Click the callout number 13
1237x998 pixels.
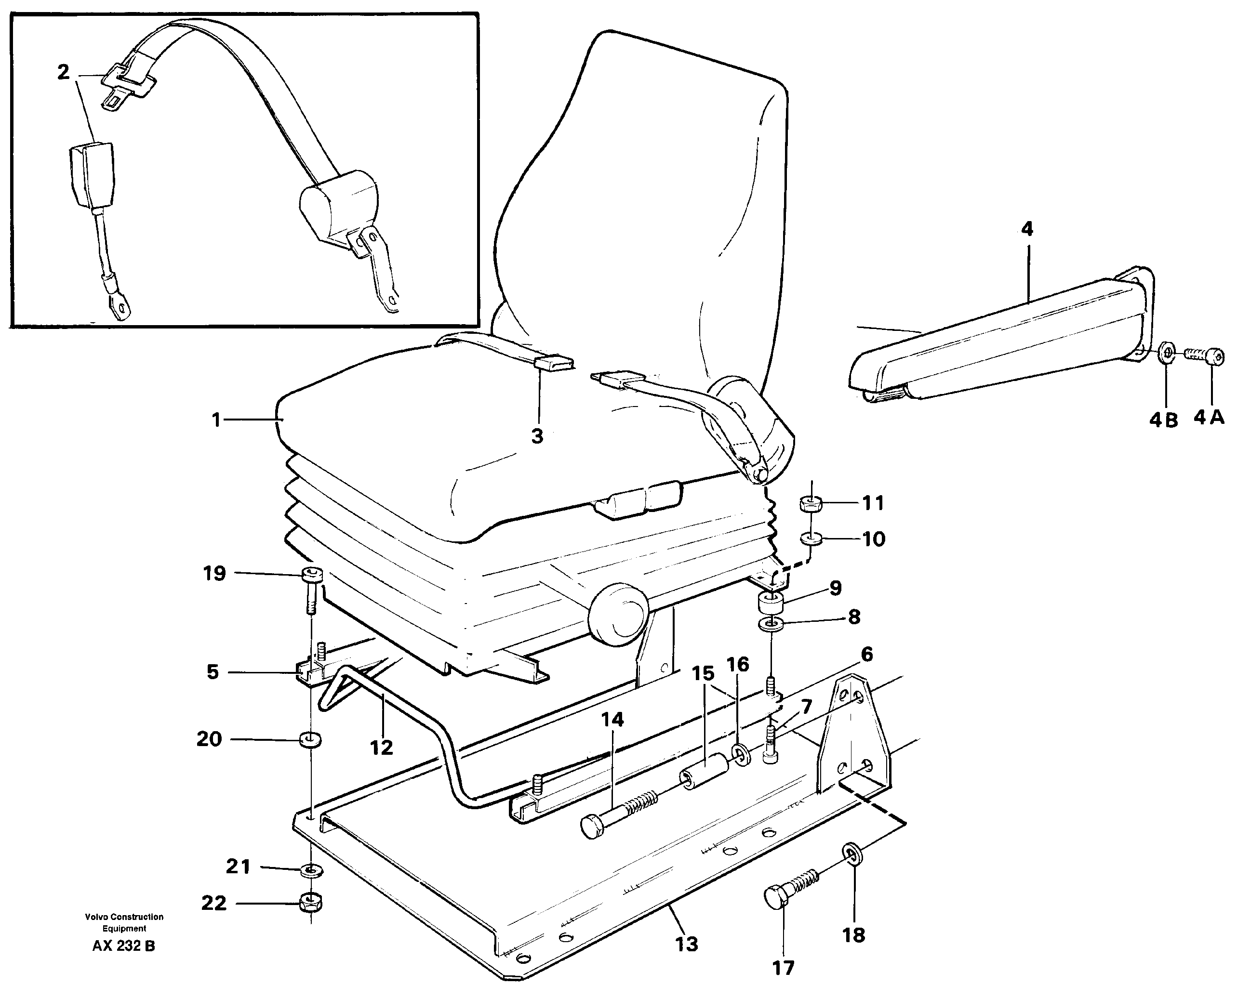pyautogui.click(x=686, y=944)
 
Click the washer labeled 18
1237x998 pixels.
pyautogui.click(x=851, y=852)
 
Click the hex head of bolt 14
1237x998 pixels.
pyautogui.click(x=592, y=826)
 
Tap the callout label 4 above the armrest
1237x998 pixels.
pyautogui.click(x=1026, y=229)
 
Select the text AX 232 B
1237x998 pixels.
pyautogui.click(x=124, y=945)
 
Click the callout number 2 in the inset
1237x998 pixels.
pyautogui.click(x=63, y=72)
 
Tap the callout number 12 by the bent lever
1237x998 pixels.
pyautogui.click(x=381, y=748)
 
